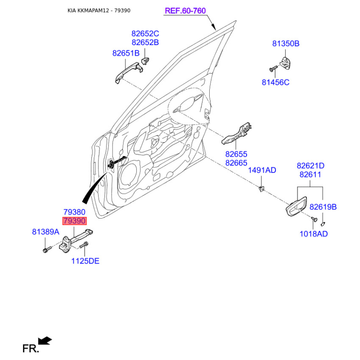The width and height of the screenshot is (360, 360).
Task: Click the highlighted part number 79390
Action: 74,221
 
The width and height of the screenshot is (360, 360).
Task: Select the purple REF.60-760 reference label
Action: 185,11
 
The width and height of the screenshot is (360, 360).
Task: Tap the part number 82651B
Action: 126,53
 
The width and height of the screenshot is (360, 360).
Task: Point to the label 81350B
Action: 286,43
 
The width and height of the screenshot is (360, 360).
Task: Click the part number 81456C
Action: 275,82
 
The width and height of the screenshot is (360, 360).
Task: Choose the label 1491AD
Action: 262,170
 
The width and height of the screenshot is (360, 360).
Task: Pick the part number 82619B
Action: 323,207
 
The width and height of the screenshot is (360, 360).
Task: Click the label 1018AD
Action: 314,234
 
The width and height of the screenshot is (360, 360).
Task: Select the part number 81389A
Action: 46,232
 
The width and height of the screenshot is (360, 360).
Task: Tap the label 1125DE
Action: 85,261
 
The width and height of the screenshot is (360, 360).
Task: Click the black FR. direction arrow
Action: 45,341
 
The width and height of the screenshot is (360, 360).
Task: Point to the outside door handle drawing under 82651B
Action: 129,72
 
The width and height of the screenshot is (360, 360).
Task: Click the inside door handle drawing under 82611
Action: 296,207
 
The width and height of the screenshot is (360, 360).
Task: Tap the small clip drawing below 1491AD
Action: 261,189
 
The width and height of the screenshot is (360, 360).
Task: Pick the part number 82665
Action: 236,163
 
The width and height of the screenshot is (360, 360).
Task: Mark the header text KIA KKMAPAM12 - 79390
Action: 99,10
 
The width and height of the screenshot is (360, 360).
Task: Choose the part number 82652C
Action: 145,33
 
